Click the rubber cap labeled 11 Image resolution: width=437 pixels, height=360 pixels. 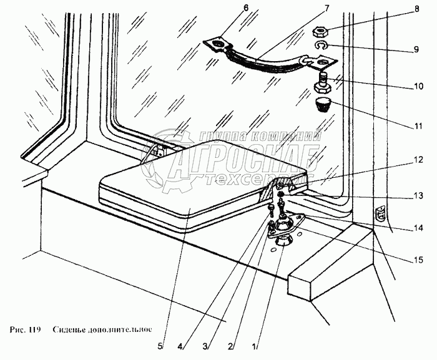[322, 103]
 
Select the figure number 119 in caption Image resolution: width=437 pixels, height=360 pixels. [35, 329]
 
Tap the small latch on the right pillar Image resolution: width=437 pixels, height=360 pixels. [379, 215]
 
